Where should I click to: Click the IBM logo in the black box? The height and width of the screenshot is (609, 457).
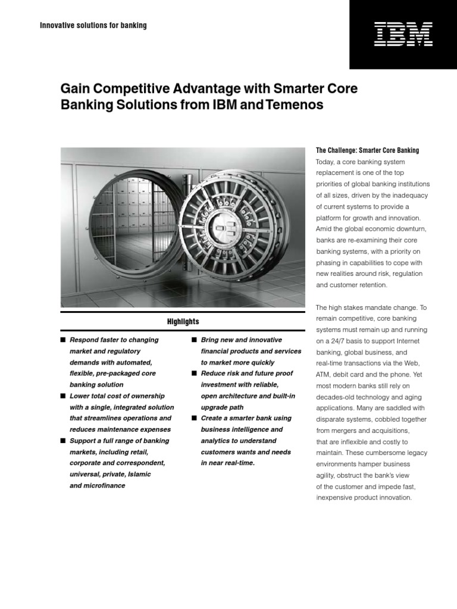[x=403, y=34]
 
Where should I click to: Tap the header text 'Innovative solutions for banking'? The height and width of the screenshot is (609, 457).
[x=93, y=26]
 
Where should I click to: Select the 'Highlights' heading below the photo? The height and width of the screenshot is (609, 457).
[x=183, y=322]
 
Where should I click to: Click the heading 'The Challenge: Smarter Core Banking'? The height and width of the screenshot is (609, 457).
[x=367, y=150]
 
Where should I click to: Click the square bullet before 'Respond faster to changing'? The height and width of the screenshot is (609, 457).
[x=62, y=340]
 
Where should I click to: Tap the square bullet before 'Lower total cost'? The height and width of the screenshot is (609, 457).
[x=62, y=396]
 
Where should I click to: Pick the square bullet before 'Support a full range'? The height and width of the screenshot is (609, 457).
[x=62, y=441]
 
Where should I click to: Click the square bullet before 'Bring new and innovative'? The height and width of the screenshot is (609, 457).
[x=194, y=340]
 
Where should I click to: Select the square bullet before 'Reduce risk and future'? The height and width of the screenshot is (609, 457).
[x=194, y=373]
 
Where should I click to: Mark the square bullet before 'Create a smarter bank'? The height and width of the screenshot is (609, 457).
[x=194, y=419]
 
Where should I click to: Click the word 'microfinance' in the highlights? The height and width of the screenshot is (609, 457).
[x=105, y=486]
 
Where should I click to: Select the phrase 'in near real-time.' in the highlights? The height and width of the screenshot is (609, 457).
[x=228, y=463]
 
